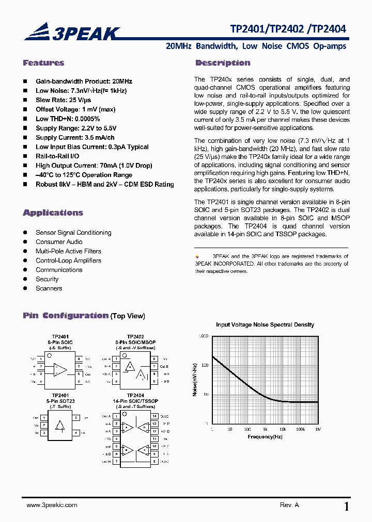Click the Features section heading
pos(43,63)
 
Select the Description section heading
pos(223,63)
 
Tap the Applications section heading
pos(53,213)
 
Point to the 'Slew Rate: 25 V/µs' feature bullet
pos(63,100)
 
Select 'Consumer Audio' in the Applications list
pos(59,242)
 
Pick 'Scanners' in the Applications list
pos(49,288)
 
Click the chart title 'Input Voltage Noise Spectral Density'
pos(265,324)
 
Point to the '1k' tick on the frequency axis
pos(265,429)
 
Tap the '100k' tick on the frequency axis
pos(300,429)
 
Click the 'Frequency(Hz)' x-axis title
pos(265,437)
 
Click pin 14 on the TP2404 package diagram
pos(154,415)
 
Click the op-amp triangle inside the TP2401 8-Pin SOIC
pos(60,370)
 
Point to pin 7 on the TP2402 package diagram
pos(154,366)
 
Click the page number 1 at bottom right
pos(346,507)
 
